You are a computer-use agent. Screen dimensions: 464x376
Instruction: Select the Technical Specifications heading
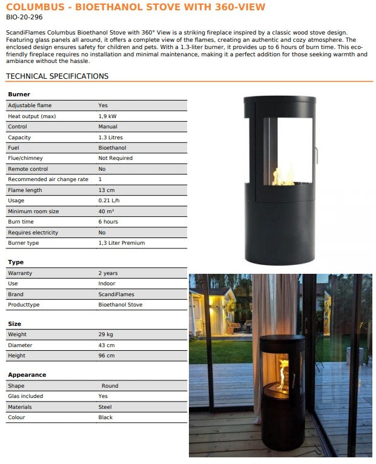pos(57,76)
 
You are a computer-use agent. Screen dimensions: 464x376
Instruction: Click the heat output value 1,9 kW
pos(108,116)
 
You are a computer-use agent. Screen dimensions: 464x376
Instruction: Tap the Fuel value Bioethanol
pos(112,148)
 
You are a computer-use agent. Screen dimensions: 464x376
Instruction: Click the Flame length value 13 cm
pos(107,190)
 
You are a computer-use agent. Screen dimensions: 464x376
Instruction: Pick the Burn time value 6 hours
pos(108,222)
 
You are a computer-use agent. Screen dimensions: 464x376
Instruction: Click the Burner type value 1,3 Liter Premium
pos(122,243)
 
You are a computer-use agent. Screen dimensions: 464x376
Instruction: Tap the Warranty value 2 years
pos(108,273)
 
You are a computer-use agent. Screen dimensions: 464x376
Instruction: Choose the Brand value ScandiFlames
pos(116,294)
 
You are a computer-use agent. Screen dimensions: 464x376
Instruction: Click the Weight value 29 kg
pos(106,334)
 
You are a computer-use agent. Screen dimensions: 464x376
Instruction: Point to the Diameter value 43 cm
pos(107,345)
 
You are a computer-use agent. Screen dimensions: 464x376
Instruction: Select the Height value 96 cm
pos(107,356)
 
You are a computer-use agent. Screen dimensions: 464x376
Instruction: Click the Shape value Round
pos(110,386)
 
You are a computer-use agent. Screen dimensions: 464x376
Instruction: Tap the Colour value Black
pos(105,417)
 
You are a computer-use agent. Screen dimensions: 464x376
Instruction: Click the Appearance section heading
pos(27,375)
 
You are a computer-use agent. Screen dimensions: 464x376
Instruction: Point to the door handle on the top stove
pos(315,154)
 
